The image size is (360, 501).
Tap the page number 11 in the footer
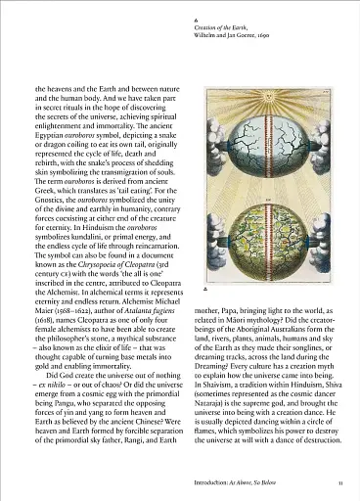pos(337,481)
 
